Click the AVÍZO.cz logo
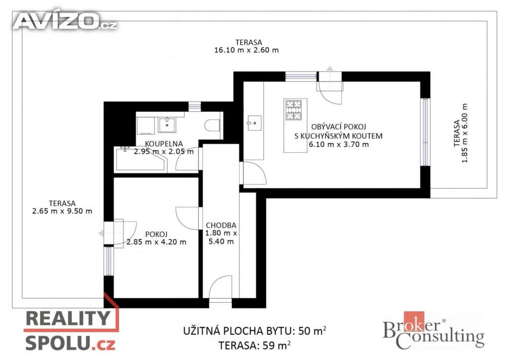tap(65, 21)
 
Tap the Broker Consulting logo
tap(433, 331)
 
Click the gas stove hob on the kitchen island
tap(293, 110)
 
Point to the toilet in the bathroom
tap(213, 125)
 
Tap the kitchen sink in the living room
tap(254, 123)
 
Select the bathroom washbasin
tap(167, 125)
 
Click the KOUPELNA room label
tap(164, 144)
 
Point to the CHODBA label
tap(221, 225)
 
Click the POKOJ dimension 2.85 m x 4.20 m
tap(157, 242)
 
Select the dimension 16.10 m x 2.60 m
tap(247, 50)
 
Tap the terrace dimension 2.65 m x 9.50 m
tap(62, 211)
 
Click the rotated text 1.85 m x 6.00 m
tap(465, 133)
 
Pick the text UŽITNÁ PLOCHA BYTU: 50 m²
tap(255, 331)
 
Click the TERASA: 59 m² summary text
tap(254, 345)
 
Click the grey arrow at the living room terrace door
tap(330, 69)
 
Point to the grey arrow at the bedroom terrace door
tap(101, 233)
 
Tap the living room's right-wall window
tap(425, 132)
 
